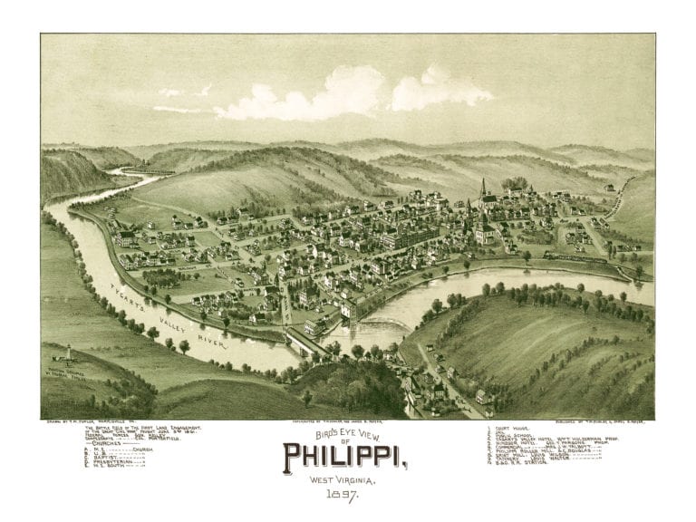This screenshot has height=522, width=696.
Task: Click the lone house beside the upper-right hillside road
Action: point(610,188)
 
